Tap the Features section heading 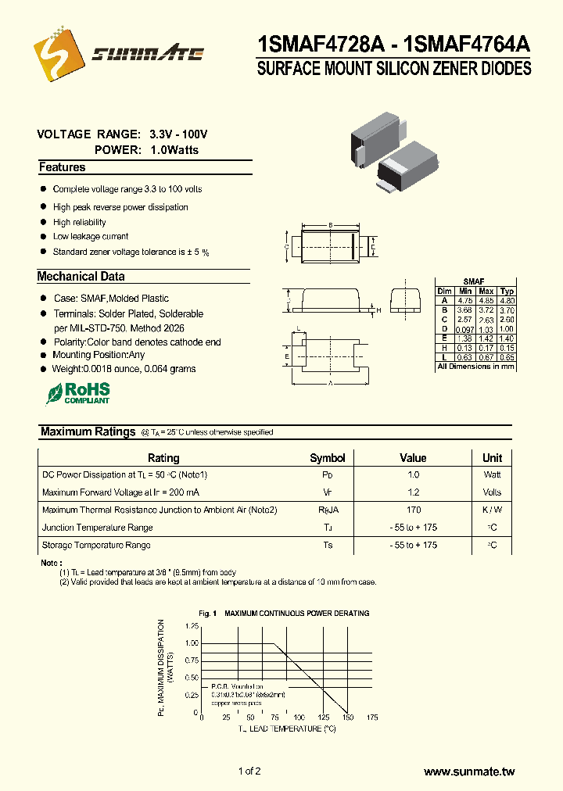coord(63,167)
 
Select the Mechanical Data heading coord(81,276)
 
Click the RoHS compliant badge coord(77,392)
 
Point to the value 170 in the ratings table coord(413,510)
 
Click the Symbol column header coord(327,458)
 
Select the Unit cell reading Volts coord(492,492)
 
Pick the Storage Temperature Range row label coord(96,545)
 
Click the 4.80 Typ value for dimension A coord(507,300)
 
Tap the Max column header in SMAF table coord(486,291)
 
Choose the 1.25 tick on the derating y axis coord(192,626)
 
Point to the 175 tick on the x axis coord(372,717)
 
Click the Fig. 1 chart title coord(284,614)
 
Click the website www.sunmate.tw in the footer coord(469,771)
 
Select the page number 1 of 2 coord(249,771)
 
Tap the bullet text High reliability coord(79,222)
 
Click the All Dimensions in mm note coord(475,367)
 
